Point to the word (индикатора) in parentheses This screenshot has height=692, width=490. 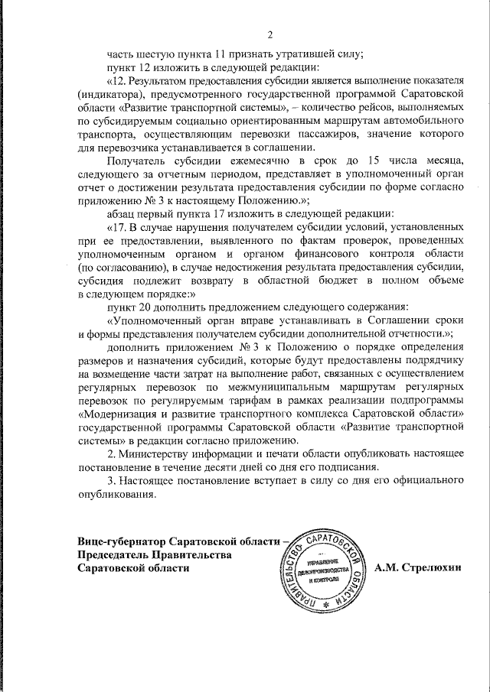(x=113, y=93)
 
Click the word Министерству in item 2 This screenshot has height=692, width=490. (x=166, y=454)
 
